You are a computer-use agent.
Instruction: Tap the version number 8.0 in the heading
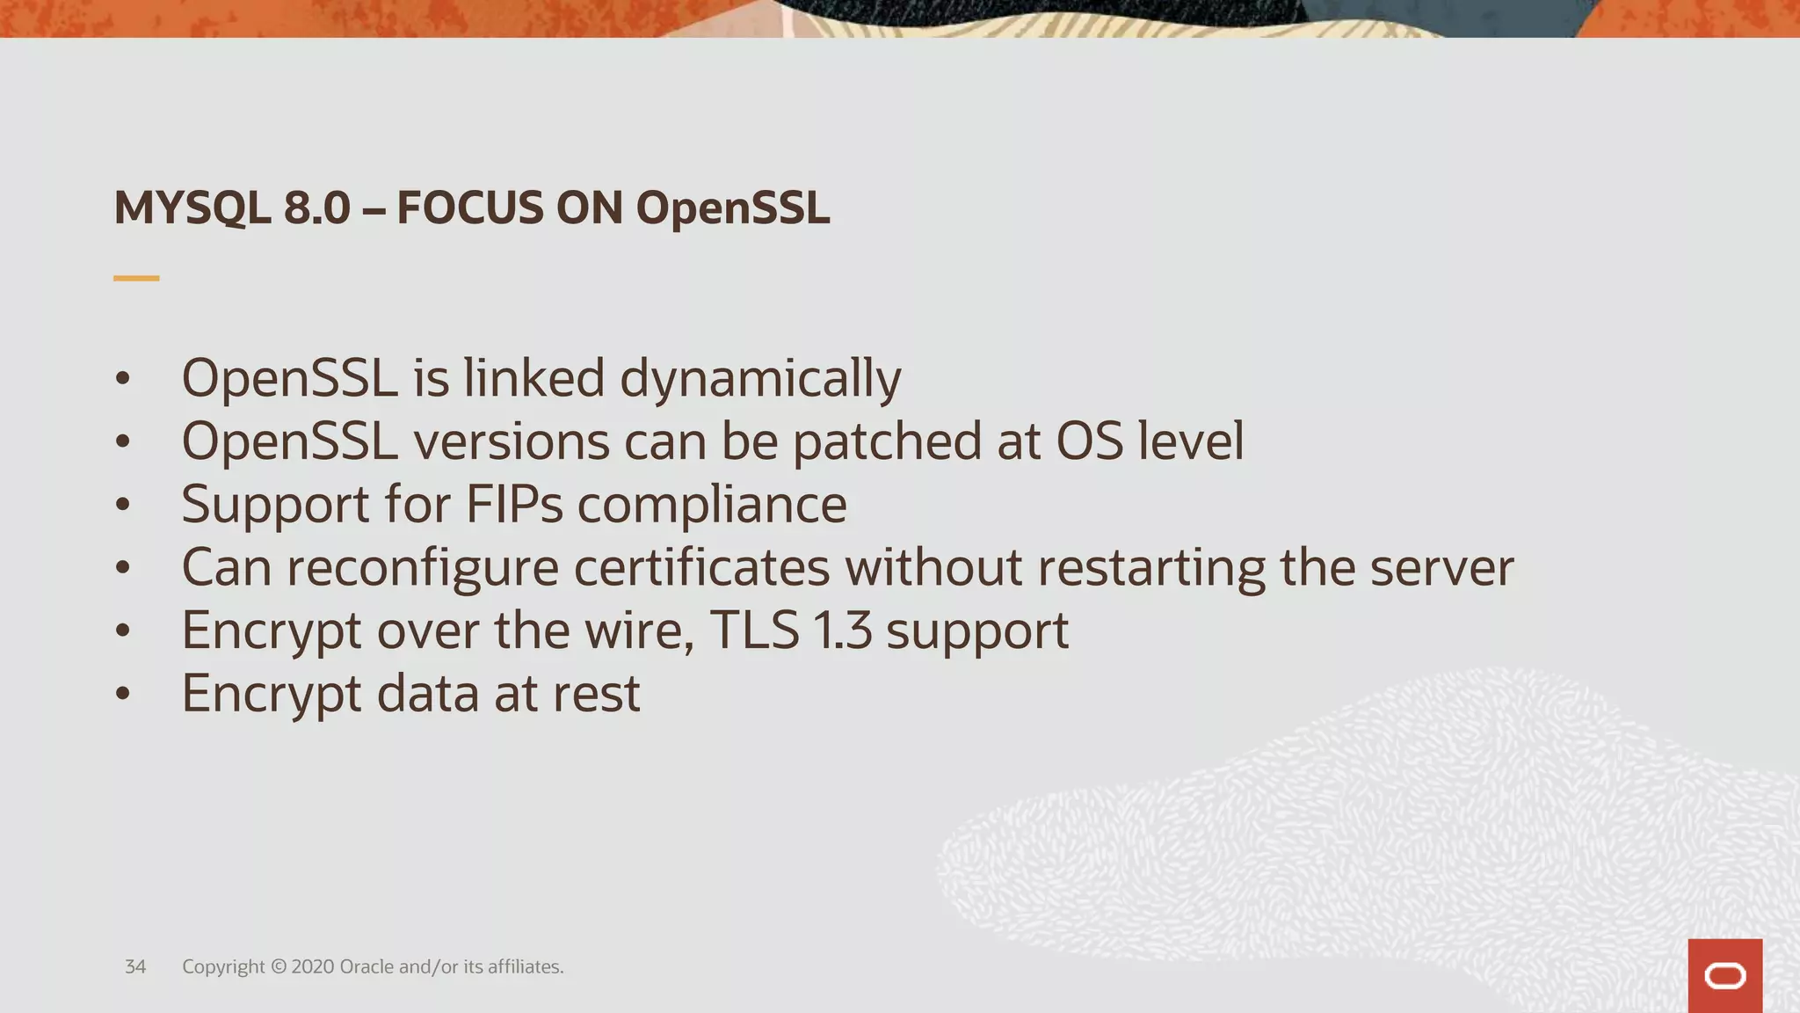(x=317, y=208)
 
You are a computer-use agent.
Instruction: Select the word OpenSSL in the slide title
(x=732, y=208)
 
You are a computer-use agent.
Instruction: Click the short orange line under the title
(x=136, y=278)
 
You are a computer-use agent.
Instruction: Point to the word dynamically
(x=760, y=379)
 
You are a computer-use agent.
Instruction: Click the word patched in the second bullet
(x=887, y=441)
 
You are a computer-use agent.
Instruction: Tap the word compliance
(x=712, y=505)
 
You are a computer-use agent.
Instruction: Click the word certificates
(x=701, y=567)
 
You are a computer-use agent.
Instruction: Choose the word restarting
(x=1151, y=567)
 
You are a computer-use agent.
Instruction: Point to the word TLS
(x=754, y=630)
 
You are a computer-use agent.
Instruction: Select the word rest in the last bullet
(x=596, y=694)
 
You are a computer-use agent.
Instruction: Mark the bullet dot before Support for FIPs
(x=123, y=506)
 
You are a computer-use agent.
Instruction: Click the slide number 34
(x=135, y=966)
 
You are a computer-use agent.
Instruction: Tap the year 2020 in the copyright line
(x=311, y=966)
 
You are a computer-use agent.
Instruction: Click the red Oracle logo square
(x=1724, y=976)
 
